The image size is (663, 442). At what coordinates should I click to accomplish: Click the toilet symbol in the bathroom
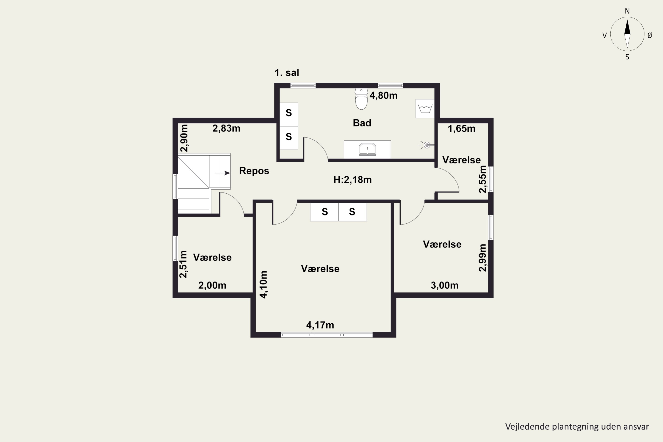[361, 99]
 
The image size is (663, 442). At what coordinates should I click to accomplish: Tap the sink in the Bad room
[367, 149]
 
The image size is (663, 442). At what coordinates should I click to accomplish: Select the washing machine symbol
[425, 109]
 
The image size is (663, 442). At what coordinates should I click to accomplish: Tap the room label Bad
[362, 123]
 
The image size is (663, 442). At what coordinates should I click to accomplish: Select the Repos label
[254, 171]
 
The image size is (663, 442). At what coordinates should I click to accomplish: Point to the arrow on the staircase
[222, 173]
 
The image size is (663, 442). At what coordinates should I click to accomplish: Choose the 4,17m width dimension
[320, 325]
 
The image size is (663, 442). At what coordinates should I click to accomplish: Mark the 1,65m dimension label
[461, 129]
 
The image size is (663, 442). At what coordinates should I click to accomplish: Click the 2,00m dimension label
[212, 286]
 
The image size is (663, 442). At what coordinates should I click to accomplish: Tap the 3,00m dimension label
[444, 286]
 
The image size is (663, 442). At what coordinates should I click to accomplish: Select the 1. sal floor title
[287, 73]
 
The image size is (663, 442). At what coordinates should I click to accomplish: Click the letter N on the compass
[627, 11]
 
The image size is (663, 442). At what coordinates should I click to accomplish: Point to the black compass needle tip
[627, 20]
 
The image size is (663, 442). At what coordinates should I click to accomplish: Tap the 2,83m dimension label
[226, 129]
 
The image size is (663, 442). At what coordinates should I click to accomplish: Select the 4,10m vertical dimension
[264, 284]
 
